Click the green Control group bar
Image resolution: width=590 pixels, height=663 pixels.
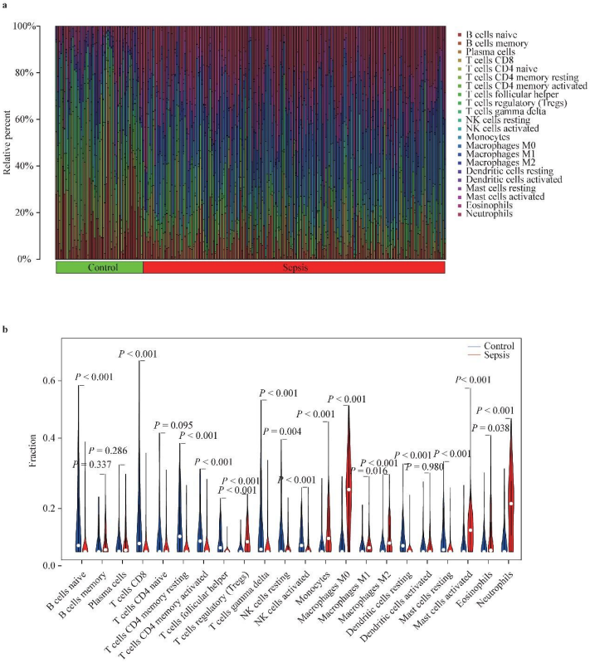[99, 267]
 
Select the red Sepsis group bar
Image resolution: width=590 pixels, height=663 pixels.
[294, 267]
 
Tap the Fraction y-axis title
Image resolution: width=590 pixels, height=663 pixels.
[32, 456]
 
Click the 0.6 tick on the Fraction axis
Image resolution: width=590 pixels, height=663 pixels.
[49, 381]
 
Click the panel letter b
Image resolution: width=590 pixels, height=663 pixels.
[7, 329]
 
